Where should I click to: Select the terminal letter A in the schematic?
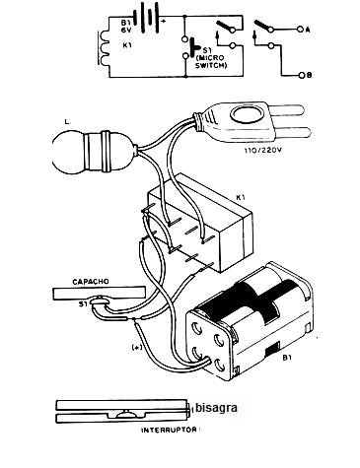tap(306, 30)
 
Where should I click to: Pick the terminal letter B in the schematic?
tap(306, 75)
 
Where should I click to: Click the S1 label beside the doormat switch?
tap(84, 304)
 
